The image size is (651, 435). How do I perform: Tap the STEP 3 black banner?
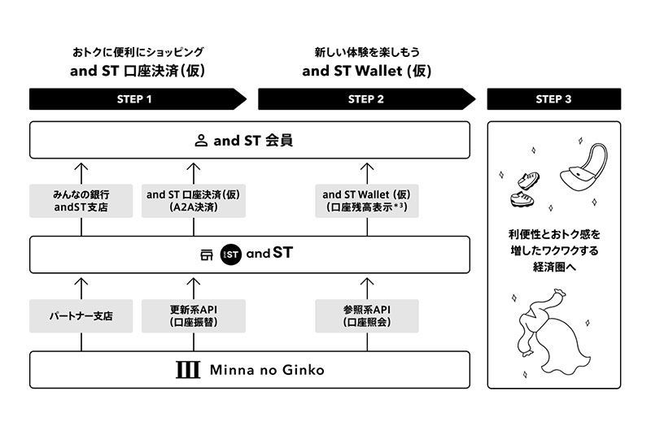[553, 99]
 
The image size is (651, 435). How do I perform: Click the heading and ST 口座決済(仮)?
[137, 71]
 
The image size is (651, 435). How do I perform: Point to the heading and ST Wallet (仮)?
[365, 71]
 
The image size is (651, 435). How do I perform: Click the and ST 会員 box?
[249, 141]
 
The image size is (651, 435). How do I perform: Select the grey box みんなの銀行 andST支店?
[81, 201]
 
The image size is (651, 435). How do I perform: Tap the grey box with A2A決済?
[193, 201]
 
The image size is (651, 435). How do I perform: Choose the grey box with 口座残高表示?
[366, 201]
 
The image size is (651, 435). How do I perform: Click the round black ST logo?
[232, 254]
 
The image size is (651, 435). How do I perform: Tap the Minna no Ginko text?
[266, 370]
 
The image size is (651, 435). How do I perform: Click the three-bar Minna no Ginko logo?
[187, 370]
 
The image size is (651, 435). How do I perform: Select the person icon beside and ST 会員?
[201, 141]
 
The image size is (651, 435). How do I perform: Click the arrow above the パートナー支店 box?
[81, 286]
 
